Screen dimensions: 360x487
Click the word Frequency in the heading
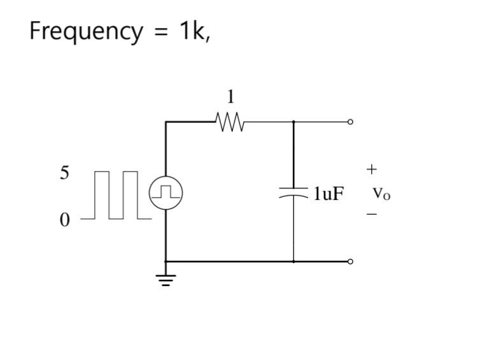point(86,31)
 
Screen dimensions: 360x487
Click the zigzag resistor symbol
point(230,122)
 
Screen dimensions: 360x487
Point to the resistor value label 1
point(230,97)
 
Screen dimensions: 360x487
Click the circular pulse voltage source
point(166,192)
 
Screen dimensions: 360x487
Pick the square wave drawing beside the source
point(116,195)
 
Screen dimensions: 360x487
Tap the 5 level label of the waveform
point(64,173)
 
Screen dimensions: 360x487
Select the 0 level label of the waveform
point(64,220)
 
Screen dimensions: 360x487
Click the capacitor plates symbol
point(293,192)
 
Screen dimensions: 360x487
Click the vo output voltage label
point(381,192)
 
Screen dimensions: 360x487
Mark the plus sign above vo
point(372,169)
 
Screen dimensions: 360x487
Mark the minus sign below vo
point(372,215)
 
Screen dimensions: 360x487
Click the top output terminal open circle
point(350,122)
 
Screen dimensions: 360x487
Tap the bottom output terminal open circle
point(350,261)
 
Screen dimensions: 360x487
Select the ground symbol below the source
point(166,278)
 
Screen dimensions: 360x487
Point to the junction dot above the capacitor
point(293,122)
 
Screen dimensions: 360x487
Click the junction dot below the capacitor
point(293,261)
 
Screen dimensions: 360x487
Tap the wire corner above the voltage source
point(166,122)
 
